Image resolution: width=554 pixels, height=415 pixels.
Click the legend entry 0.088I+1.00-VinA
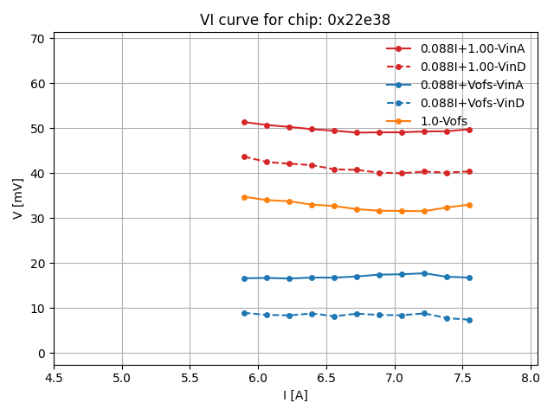coord(473,48)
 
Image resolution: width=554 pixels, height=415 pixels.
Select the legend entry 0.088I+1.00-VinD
coord(473,67)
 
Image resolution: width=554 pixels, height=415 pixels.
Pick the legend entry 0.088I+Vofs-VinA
coord(473,85)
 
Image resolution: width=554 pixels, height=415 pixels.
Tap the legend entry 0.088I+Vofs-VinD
coord(473,103)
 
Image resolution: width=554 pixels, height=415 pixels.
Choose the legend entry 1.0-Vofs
coord(443,121)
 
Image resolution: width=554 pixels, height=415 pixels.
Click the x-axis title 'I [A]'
coord(295,395)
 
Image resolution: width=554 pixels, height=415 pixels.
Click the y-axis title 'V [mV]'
coord(18,199)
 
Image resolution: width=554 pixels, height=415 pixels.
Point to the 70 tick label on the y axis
coord(37,39)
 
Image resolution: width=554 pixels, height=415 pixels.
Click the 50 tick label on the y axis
coord(37,129)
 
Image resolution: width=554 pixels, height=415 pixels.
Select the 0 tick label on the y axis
coord(41,354)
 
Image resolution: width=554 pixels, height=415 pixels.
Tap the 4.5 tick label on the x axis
coord(54,376)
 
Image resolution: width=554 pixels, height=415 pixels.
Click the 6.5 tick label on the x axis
coord(326,376)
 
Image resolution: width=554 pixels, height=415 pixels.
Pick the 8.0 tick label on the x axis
coord(531,376)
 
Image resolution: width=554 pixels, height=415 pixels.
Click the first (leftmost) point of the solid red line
coord(244,122)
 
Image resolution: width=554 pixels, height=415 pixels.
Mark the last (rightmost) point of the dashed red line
coord(469,171)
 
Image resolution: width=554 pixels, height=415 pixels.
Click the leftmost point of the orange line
coord(244,197)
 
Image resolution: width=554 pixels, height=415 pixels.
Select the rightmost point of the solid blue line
coord(469,278)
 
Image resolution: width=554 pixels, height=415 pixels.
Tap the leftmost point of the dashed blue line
coord(244,313)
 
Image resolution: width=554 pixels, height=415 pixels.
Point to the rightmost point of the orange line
coord(469,205)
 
